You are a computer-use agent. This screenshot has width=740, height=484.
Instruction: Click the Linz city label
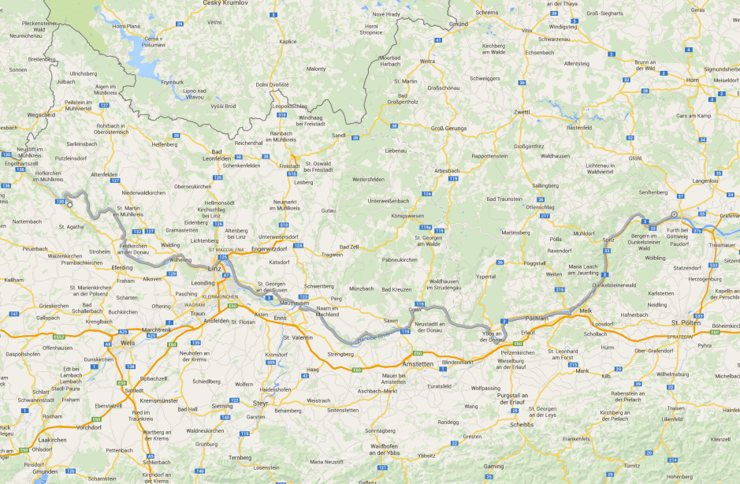tap(214, 268)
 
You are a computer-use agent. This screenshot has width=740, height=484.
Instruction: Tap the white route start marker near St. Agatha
tap(70, 204)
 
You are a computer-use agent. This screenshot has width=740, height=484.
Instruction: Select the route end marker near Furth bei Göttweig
tap(675, 214)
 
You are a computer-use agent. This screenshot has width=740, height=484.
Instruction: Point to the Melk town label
tap(586, 311)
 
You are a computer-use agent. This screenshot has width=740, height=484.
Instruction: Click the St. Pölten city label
tap(685, 322)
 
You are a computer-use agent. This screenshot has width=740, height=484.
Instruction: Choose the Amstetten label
tap(418, 363)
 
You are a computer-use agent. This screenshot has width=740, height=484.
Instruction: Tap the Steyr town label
tap(262, 403)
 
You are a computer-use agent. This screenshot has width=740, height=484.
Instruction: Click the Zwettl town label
tap(522, 112)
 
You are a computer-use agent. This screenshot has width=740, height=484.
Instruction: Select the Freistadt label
tap(290, 166)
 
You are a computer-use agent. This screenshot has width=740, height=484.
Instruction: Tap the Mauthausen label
tap(294, 303)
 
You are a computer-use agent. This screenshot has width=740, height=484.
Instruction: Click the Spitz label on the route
tap(608, 239)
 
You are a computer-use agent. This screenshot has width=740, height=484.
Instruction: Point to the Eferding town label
tap(122, 267)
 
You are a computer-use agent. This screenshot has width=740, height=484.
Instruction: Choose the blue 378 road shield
tap(697, 231)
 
